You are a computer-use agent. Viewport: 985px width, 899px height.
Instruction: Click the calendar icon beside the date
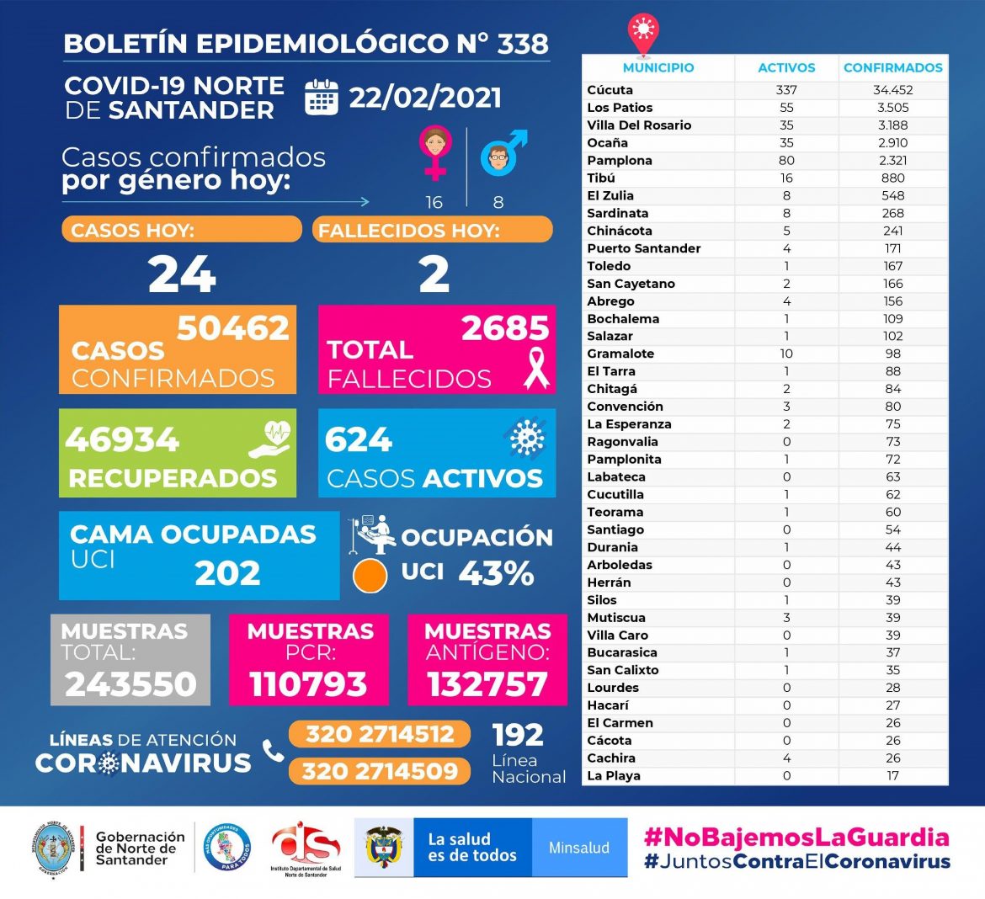(x=321, y=97)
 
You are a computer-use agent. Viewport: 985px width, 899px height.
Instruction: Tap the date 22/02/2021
(x=425, y=98)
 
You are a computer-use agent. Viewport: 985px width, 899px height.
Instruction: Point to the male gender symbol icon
(x=502, y=153)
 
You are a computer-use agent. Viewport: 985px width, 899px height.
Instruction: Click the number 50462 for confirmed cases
(x=233, y=327)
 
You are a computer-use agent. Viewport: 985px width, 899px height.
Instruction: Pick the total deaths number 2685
(x=504, y=328)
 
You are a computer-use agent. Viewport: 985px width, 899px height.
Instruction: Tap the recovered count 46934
(x=122, y=439)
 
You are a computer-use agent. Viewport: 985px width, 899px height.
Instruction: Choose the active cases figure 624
(x=359, y=439)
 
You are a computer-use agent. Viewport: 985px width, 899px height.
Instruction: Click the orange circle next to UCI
(x=370, y=576)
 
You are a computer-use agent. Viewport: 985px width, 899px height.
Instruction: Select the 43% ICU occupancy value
(x=496, y=574)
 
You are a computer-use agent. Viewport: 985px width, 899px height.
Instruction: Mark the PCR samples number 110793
(x=308, y=684)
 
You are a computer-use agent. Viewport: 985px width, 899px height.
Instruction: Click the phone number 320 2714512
(x=380, y=734)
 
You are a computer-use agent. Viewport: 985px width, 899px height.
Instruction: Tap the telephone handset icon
(x=273, y=751)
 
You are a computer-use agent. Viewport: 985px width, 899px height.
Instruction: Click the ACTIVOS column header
(x=786, y=68)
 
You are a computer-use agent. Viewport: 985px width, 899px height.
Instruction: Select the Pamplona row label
(x=620, y=160)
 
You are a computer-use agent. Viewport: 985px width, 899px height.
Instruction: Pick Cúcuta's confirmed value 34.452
(x=892, y=90)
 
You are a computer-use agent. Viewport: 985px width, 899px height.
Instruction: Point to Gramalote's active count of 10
(x=786, y=354)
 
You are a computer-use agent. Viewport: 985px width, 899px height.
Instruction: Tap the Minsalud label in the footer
(x=579, y=848)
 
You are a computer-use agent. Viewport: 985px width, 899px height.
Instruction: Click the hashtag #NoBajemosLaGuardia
(x=796, y=837)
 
